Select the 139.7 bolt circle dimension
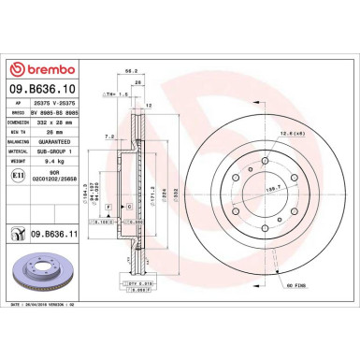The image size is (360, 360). [273, 161]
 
